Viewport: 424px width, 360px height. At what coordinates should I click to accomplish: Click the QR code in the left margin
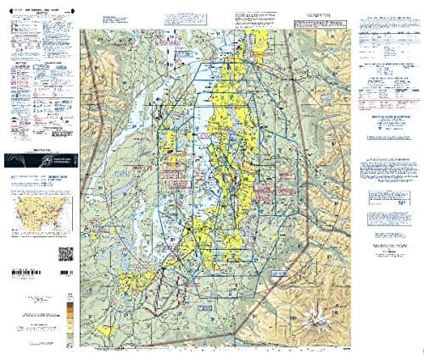pyautogui.click(x=65, y=253)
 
